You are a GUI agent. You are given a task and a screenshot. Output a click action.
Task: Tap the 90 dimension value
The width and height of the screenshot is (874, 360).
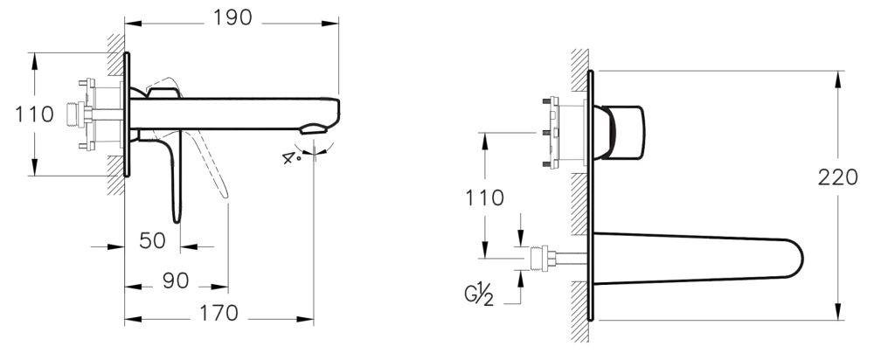coord(176,281)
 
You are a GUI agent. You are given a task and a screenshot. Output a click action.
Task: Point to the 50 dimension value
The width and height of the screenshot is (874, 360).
coord(153,240)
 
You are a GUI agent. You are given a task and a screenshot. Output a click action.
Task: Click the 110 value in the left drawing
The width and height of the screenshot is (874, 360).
coord(17,114)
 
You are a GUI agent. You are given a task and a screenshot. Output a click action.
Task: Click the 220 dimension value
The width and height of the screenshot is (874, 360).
coord(838,177)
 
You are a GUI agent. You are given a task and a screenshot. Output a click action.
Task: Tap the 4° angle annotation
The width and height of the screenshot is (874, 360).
coord(291,158)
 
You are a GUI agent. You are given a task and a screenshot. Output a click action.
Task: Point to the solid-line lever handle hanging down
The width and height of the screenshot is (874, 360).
coord(176,179)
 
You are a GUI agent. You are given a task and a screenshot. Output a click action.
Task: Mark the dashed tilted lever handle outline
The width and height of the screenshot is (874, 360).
coord(213,170)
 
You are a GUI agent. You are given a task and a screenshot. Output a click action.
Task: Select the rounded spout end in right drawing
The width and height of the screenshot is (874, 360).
coord(791,260)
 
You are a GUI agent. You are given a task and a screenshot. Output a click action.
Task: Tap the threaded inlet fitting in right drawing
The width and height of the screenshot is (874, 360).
coord(544,260)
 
